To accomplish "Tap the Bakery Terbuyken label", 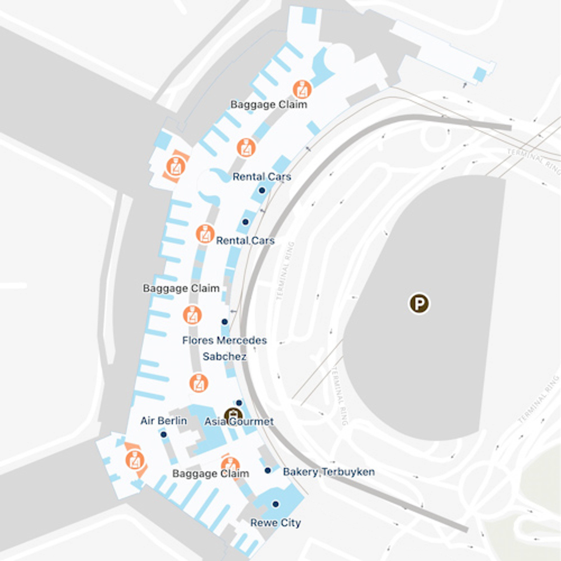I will [329, 472].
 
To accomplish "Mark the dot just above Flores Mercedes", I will [224, 322].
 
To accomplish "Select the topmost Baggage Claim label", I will [269, 105].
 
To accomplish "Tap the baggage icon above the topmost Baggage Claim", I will [302, 89].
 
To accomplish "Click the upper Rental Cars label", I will [262, 177].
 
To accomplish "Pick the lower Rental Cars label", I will [245, 241].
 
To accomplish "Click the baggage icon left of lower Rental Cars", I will [205, 234].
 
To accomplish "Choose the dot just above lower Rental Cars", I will [245, 222].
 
